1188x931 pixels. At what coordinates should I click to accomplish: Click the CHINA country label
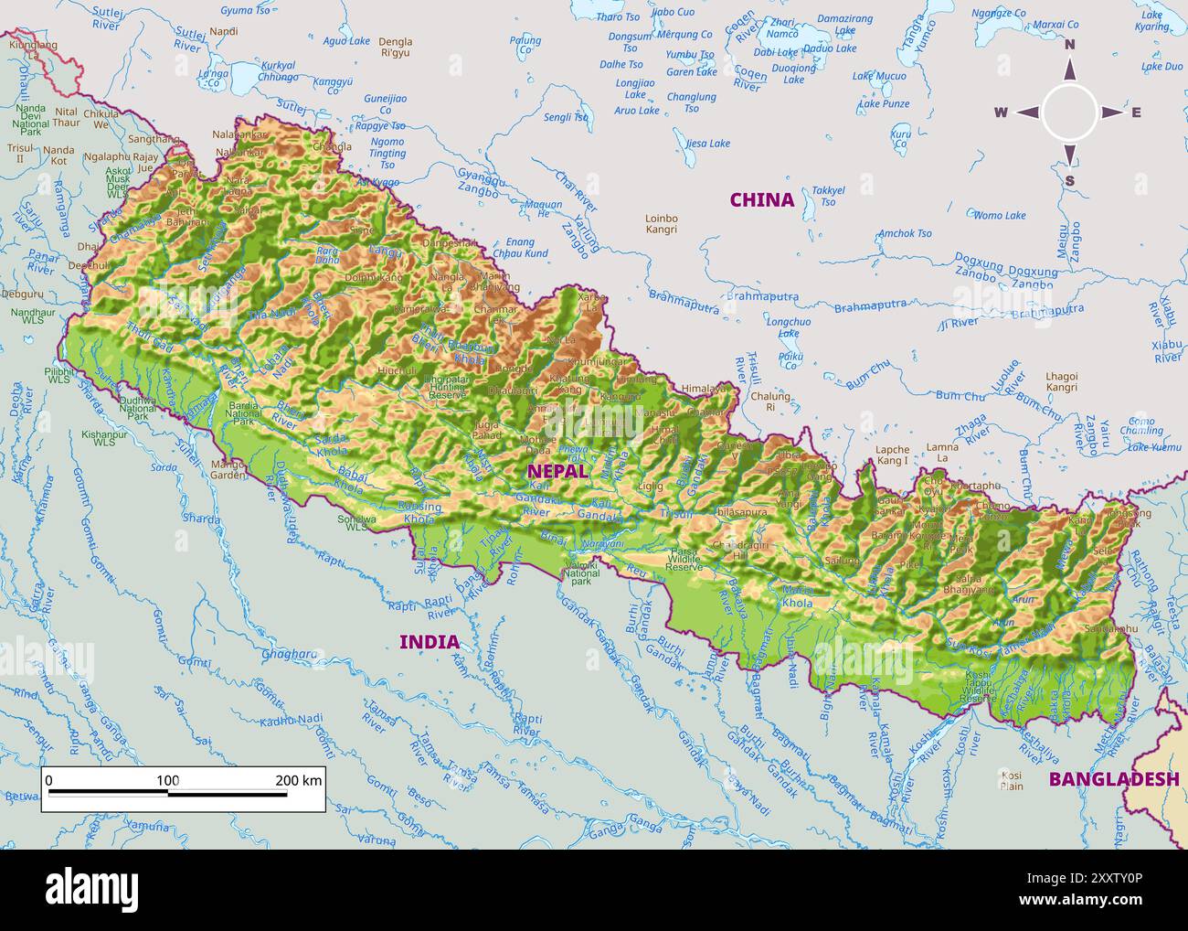[761, 199]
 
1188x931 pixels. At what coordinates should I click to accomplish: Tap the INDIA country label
[429, 642]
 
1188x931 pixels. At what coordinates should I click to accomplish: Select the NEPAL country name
[557, 470]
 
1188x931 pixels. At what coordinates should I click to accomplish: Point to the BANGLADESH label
[1113, 779]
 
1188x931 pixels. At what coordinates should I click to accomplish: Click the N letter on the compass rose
[1069, 45]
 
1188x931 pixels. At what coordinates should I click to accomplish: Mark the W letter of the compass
[1001, 112]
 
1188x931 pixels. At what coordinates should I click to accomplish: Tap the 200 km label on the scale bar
[299, 780]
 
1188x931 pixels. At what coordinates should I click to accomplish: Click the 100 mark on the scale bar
[167, 780]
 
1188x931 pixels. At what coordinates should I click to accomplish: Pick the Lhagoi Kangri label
[1061, 381]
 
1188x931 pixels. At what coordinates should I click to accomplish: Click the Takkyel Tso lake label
[828, 196]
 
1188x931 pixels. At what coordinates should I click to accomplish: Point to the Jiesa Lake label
[707, 144]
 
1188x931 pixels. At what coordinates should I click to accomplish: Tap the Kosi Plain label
[1011, 780]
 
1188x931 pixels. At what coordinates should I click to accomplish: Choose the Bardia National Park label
[243, 412]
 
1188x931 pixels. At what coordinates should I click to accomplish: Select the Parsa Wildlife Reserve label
[684, 560]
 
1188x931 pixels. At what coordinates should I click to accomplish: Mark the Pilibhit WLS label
[58, 378]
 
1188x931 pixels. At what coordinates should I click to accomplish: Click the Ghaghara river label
[289, 654]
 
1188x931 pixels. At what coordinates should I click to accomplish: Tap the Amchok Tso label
[905, 233]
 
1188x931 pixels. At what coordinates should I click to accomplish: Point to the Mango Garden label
[228, 470]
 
